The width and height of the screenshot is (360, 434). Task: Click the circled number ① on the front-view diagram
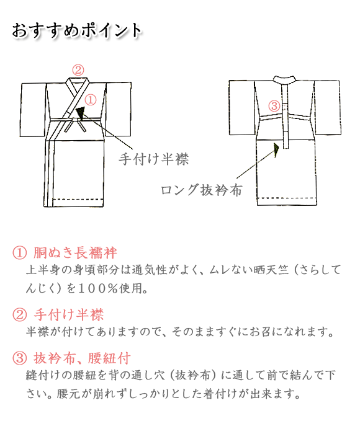point(91,99)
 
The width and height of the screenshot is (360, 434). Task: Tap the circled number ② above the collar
point(78,69)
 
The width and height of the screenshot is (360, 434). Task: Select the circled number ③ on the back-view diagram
point(274,105)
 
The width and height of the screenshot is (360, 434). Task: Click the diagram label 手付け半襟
point(153,159)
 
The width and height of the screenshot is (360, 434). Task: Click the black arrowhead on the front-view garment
point(80,112)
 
